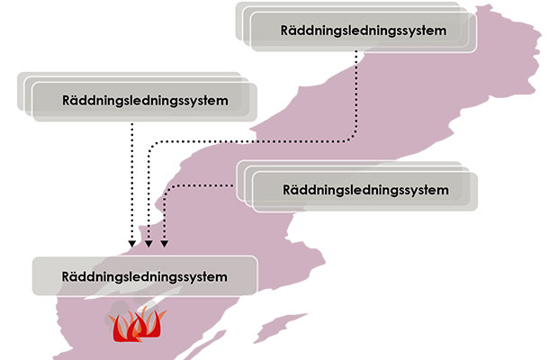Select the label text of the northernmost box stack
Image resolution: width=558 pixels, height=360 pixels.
363,30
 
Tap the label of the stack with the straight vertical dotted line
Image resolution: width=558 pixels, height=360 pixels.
143,97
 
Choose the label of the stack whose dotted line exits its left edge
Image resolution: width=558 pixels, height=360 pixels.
364,190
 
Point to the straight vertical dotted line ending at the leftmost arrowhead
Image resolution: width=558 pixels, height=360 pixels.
132,180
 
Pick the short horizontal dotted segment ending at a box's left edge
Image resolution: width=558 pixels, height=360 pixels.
202,184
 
